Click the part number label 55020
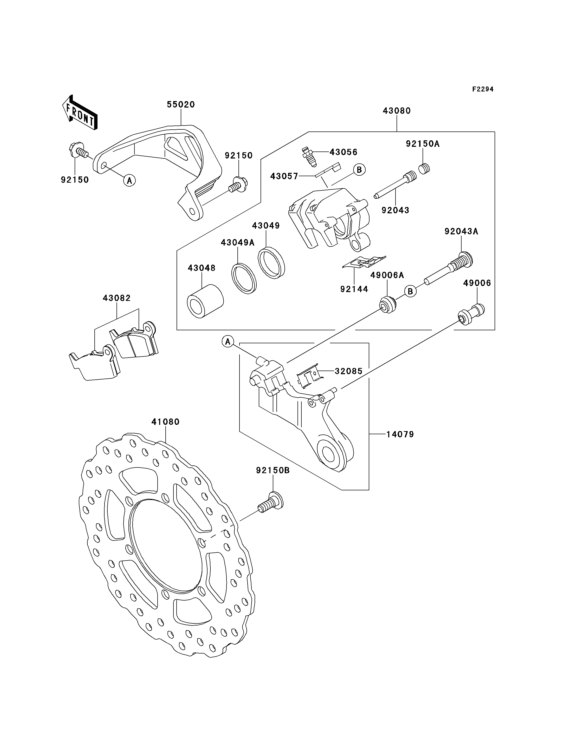coord(181,104)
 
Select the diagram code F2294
coord(483,89)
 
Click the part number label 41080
coord(165,421)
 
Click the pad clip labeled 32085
coord(308,375)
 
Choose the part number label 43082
coord(117,298)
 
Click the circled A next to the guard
coord(129,180)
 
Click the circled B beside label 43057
coord(359,169)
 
